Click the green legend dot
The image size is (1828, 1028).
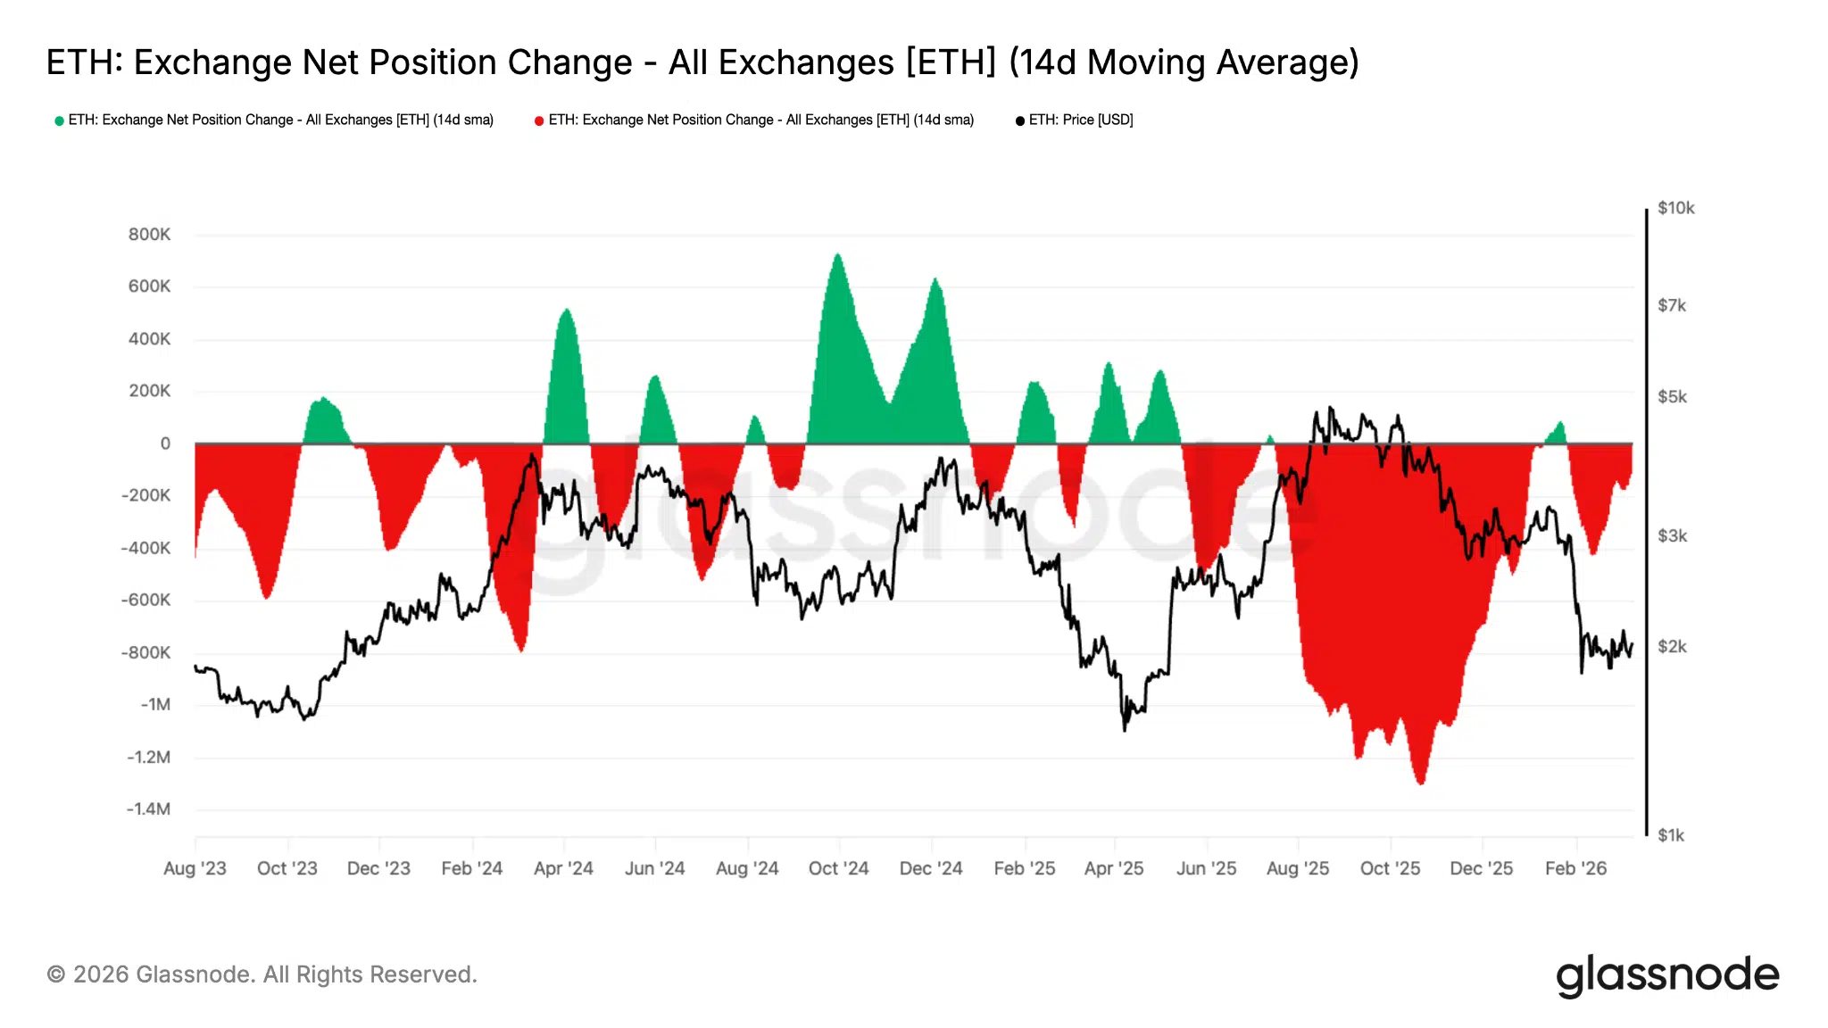59,120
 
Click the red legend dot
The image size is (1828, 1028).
539,120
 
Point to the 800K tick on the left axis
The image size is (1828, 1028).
149,235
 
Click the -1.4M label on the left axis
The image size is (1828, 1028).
148,809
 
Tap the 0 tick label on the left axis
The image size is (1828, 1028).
165,444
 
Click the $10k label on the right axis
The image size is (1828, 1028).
1675,208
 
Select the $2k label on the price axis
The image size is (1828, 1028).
1672,647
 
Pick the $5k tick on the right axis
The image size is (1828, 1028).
1672,397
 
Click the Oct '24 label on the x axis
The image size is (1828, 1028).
838,868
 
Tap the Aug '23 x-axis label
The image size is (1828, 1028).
195,868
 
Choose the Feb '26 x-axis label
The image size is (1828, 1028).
1575,868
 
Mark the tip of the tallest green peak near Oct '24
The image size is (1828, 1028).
837,254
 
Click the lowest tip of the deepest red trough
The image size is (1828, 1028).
1420,783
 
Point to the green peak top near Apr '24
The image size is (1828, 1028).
566,310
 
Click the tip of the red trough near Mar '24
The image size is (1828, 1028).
520,651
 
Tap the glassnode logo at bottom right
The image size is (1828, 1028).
1666,975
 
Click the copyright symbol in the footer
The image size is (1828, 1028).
55,974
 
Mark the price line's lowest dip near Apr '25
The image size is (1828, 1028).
1125,730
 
